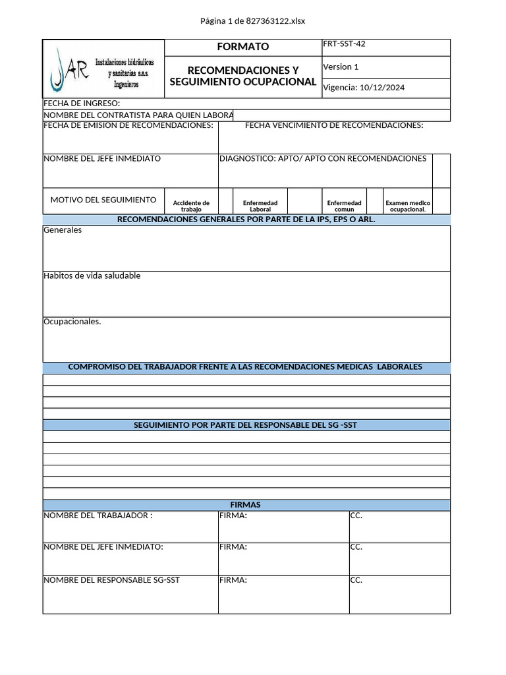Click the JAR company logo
click(103, 69)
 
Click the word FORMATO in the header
click(243, 47)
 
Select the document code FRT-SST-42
click(344, 44)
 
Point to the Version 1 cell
click(341, 67)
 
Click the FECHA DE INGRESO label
click(82, 103)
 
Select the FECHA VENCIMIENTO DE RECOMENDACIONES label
click(334, 125)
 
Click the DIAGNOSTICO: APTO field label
click(323, 158)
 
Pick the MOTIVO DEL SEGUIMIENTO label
click(103, 200)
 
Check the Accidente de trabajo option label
click(191, 206)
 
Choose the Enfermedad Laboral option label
click(260, 206)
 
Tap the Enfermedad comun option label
click(344, 206)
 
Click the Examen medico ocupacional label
click(408, 206)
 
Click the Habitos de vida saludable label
click(92, 276)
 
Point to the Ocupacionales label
click(72, 322)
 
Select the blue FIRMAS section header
click(246, 505)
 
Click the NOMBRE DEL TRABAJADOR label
click(98, 515)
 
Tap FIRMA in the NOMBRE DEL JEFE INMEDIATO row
click(233, 547)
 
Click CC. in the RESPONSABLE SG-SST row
click(356, 580)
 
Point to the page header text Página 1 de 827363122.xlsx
click(253, 21)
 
